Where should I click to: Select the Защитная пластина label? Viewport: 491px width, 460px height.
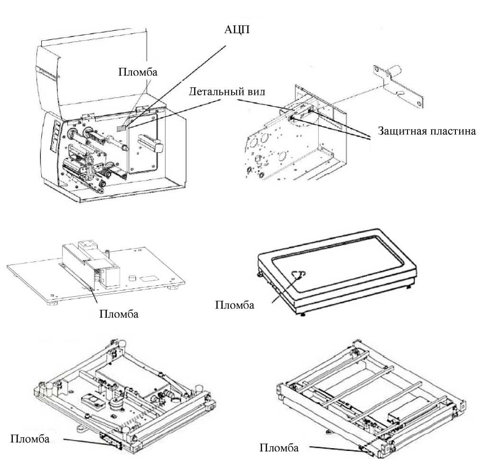[x=426, y=131]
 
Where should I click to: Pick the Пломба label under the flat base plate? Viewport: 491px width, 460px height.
[x=118, y=314]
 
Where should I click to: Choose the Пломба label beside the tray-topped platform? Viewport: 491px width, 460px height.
[x=235, y=304]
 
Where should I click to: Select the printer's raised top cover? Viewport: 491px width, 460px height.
[x=95, y=62]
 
